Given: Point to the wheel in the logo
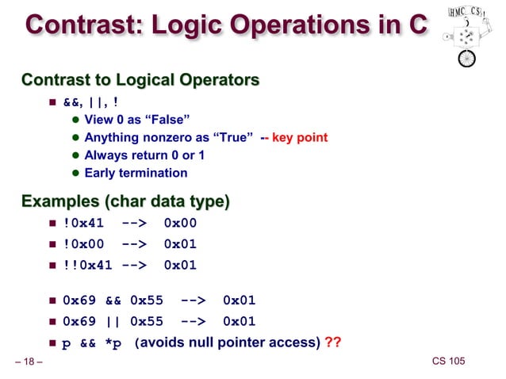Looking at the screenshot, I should tap(467, 59).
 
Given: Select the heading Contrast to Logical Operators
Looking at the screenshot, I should tap(140, 80).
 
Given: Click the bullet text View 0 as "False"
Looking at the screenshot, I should tap(136, 120).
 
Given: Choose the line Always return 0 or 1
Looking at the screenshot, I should tap(144, 155).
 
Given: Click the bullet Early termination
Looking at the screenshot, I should tap(136, 172).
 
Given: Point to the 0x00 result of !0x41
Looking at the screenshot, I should tap(180, 224).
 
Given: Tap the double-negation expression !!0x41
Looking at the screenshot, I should tap(87, 265).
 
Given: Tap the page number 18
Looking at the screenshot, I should tap(29, 362).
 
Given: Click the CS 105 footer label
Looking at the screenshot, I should tap(448, 362).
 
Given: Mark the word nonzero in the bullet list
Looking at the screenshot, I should tap(173, 137).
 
